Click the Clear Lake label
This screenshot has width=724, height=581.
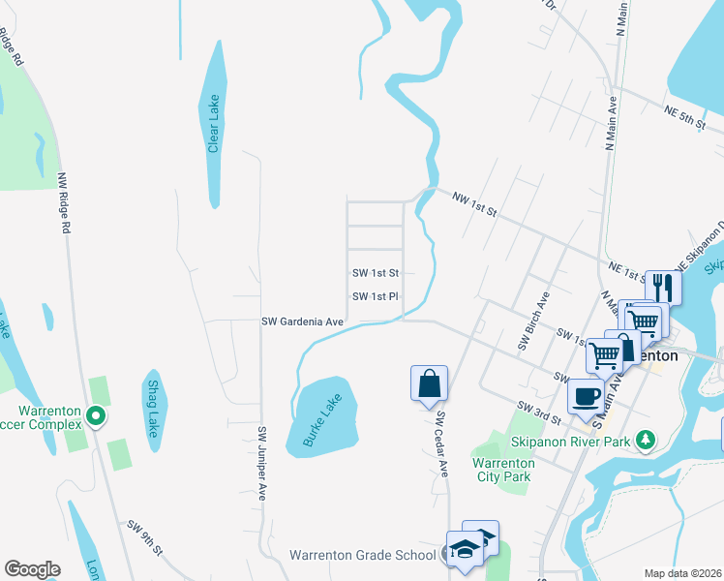[214, 123]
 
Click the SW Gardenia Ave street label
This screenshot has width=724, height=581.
[303, 321]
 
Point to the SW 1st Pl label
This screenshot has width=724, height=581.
[376, 296]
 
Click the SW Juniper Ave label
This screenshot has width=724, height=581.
[261, 462]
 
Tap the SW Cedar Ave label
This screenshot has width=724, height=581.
[441, 443]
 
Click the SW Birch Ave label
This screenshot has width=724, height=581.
[533, 320]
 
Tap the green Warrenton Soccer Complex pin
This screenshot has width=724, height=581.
[95, 416]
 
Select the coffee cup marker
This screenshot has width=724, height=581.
[585, 396]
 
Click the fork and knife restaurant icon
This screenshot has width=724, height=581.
[663, 288]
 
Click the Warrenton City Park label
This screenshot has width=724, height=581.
[502, 469]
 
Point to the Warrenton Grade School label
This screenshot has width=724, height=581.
[363, 555]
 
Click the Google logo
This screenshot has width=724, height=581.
[32, 569]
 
